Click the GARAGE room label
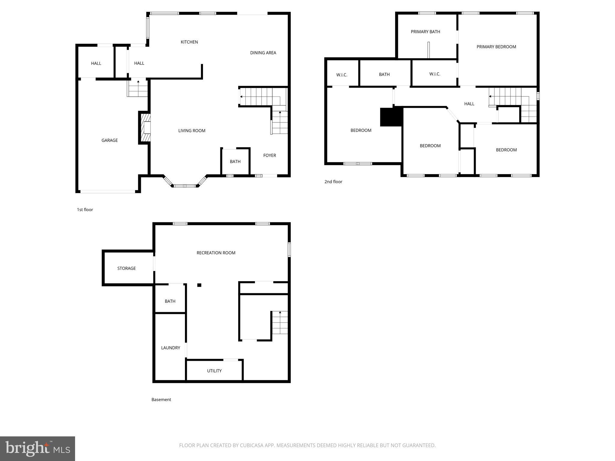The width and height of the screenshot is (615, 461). point(110,140)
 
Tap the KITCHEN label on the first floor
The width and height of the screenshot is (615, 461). point(189,42)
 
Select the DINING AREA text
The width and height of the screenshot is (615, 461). point(263,53)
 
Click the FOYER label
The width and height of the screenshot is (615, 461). point(269,155)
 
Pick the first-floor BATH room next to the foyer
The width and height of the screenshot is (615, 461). point(235,161)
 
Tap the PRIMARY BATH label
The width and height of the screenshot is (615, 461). point(425,32)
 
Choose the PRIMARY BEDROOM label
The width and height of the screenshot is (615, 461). point(496,47)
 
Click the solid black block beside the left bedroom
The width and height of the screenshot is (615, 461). point(391,117)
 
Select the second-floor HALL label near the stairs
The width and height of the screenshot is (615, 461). point(469,104)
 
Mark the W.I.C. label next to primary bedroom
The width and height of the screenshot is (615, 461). point(435,74)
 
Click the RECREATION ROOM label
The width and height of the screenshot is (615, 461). point(216,253)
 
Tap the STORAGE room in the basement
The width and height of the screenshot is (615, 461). point(126,268)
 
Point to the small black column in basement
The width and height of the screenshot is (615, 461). point(199,285)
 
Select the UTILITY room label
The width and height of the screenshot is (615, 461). point(214,371)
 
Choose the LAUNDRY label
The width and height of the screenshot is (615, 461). point(171,348)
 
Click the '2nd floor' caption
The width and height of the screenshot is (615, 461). point(333,182)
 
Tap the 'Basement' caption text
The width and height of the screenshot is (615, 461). point(161,399)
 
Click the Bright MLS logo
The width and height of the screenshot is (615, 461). point(38,448)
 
